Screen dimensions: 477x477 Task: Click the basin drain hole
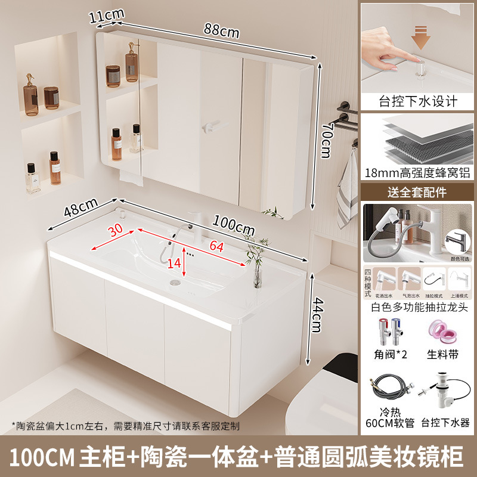click(x=175, y=281)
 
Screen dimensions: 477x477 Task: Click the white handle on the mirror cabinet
click(x=213, y=127)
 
